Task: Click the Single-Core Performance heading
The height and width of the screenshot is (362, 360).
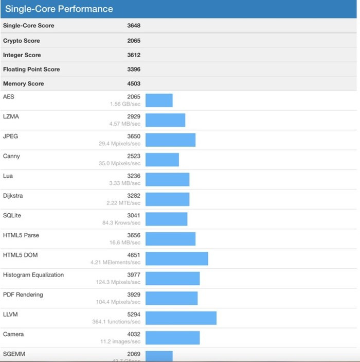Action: click(59, 9)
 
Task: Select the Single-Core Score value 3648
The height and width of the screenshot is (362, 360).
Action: click(134, 26)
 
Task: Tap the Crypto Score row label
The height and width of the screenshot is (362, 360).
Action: click(21, 41)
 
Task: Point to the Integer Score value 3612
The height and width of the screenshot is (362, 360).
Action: click(134, 55)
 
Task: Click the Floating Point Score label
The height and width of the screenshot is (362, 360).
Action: click(31, 70)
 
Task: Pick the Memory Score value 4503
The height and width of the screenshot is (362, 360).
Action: click(134, 83)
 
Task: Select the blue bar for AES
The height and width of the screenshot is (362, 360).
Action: click(159, 100)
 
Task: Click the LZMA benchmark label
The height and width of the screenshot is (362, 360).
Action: click(11, 116)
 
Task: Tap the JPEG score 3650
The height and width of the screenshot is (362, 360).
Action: click(134, 136)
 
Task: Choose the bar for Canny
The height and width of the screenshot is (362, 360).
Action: click(162, 160)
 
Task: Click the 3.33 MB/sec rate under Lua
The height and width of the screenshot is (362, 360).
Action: click(125, 183)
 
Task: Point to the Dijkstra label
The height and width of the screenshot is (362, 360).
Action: click(13, 196)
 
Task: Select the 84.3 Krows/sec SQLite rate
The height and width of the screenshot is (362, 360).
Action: click(121, 223)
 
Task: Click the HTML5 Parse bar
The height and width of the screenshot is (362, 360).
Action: click(170, 239)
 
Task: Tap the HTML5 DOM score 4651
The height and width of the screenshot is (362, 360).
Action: click(134, 255)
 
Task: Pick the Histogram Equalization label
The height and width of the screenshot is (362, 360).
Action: click(33, 275)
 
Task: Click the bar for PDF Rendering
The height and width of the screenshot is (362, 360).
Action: click(171, 298)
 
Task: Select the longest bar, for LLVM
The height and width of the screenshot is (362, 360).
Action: click(181, 318)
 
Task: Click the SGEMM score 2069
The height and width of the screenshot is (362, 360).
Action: click(134, 354)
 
